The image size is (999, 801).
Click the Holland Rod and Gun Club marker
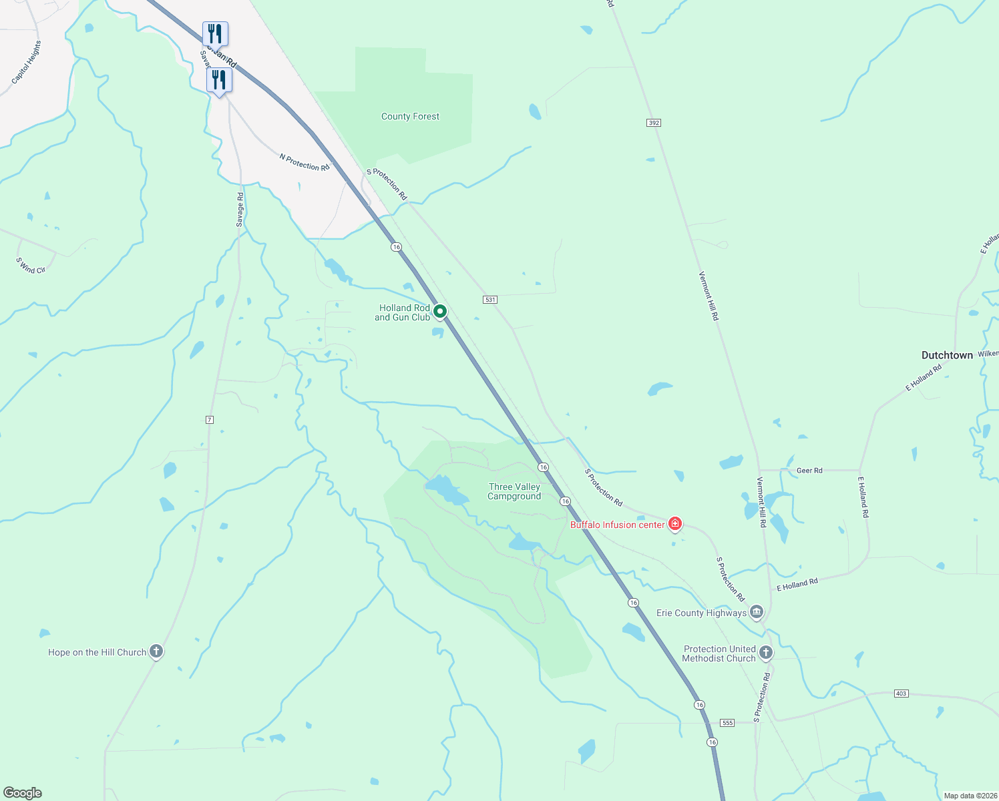click(440, 311)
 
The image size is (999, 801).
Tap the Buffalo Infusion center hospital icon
click(675, 524)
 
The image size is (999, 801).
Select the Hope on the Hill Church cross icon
click(156, 651)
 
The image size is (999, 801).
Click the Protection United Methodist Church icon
click(766, 653)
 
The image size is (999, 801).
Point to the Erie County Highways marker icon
click(757, 611)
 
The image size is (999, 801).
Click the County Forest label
click(410, 116)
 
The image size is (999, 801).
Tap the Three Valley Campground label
click(514, 491)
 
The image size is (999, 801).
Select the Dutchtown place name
click(947, 355)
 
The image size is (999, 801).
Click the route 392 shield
click(654, 123)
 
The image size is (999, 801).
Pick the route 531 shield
click(491, 300)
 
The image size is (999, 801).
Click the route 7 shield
click(210, 419)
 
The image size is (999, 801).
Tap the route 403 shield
click(901, 694)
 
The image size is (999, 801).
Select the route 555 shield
click(728, 723)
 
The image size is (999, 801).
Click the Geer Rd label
click(809, 471)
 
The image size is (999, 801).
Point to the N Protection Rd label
click(305, 162)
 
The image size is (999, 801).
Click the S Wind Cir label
click(31, 266)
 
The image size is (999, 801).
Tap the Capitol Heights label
click(27, 62)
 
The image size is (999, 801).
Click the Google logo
click(23, 793)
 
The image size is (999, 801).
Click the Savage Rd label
click(240, 210)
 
